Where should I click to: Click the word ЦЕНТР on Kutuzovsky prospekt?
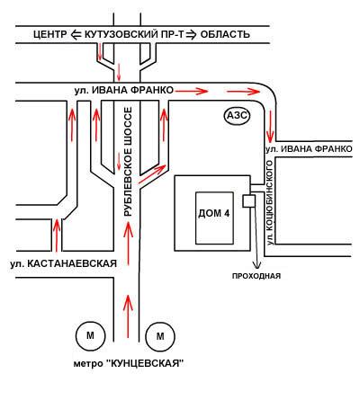click(50, 34)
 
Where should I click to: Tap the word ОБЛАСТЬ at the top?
click(225, 34)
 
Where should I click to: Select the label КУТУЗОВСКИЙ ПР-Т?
click(134, 34)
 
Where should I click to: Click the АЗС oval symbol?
click(237, 115)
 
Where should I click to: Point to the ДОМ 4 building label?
click(214, 213)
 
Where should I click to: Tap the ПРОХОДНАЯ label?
click(256, 276)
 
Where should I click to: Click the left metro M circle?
click(90, 336)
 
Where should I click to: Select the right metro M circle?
click(160, 336)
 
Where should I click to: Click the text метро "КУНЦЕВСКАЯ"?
click(129, 363)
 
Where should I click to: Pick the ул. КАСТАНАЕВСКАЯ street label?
click(63, 263)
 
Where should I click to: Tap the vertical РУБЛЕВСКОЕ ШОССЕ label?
click(128, 162)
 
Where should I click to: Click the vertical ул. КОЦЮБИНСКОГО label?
click(270, 203)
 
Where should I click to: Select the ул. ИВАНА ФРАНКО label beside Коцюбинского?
click(309, 149)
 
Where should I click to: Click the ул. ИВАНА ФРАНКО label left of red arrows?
click(124, 90)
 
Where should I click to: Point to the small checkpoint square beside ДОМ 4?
click(248, 200)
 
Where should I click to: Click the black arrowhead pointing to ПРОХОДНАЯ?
click(256, 265)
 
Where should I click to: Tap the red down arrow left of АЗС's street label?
click(270, 127)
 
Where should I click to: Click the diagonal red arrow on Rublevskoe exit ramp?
click(152, 173)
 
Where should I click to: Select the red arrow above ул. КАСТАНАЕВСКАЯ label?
click(57, 236)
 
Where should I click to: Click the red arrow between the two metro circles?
click(128, 316)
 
